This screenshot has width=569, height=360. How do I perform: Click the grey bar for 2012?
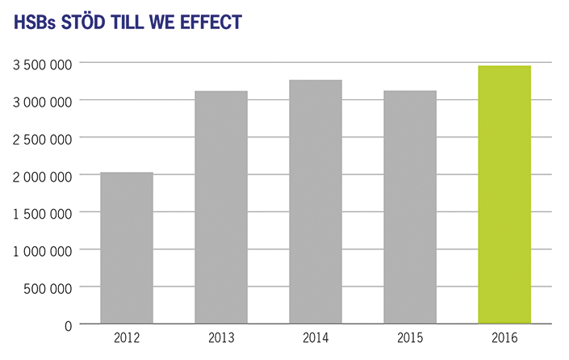coord(127,248)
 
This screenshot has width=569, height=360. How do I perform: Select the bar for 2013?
coord(221,207)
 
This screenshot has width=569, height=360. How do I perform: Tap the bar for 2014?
coord(316,202)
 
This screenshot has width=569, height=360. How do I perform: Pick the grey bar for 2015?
coord(410,207)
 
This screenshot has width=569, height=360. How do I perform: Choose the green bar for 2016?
coord(504,195)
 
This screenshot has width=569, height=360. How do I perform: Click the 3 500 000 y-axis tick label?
coord(44,64)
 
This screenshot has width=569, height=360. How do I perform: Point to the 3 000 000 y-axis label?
coord(44,101)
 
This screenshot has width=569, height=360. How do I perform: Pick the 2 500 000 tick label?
coord(44,138)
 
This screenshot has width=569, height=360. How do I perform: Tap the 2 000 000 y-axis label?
coord(44,175)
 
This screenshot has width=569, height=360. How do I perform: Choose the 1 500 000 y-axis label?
coord(44,213)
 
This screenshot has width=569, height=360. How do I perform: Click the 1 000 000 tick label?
coord(44,250)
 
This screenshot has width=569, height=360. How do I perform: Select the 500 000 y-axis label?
coord(50,287)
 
